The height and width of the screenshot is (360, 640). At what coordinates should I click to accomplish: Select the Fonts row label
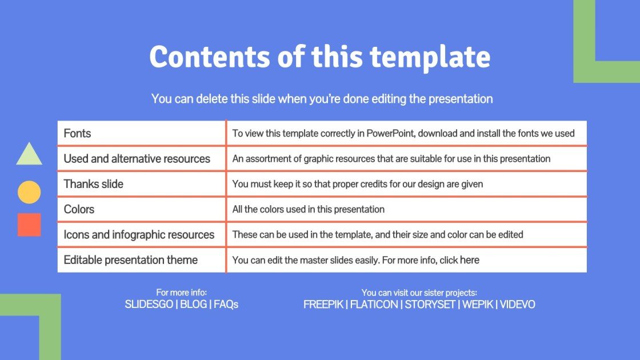77,134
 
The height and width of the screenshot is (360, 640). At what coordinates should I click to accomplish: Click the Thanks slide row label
93,184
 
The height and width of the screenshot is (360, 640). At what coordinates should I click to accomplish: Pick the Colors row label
79,209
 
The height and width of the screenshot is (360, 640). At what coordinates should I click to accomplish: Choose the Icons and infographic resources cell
139,234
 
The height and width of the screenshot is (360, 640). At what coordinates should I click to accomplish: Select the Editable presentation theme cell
130,260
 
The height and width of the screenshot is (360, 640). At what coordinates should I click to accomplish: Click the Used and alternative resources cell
137,159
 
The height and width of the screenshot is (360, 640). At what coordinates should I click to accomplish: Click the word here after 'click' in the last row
469,260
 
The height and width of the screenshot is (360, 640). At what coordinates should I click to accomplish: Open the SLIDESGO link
149,305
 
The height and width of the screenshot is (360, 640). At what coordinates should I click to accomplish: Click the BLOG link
193,305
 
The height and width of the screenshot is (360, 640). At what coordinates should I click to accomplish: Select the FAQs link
226,305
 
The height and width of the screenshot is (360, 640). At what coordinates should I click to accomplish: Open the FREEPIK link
323,305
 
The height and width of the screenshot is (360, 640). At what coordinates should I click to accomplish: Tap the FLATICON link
374,305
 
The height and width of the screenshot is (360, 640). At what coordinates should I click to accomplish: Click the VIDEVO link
517,305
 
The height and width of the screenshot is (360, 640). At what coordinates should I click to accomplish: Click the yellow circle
29,192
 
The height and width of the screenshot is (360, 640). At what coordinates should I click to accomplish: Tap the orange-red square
29,225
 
